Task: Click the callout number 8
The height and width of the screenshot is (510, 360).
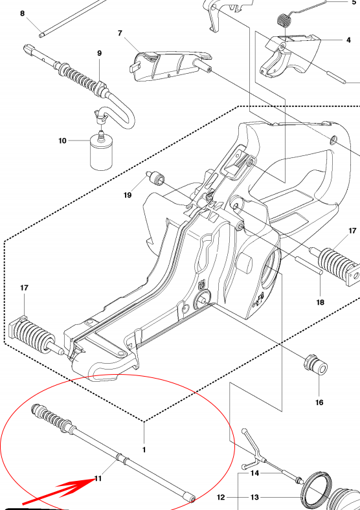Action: click(x=23, y=13)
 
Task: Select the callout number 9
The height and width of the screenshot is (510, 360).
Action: click(x=99, y=53)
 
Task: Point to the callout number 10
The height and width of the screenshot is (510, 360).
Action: click(x=62, y=140)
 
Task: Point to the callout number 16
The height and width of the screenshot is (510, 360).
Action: click(x=319, y=403)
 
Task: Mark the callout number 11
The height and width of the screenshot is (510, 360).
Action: click(x=98, y=479)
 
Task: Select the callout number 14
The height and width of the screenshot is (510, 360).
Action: click(x=254, y=473)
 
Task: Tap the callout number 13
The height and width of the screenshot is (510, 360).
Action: click(x=254, y=498)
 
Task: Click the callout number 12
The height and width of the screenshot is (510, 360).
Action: click(x=220, y=498)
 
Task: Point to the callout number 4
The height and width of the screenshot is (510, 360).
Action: click(x=348, y=40)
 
